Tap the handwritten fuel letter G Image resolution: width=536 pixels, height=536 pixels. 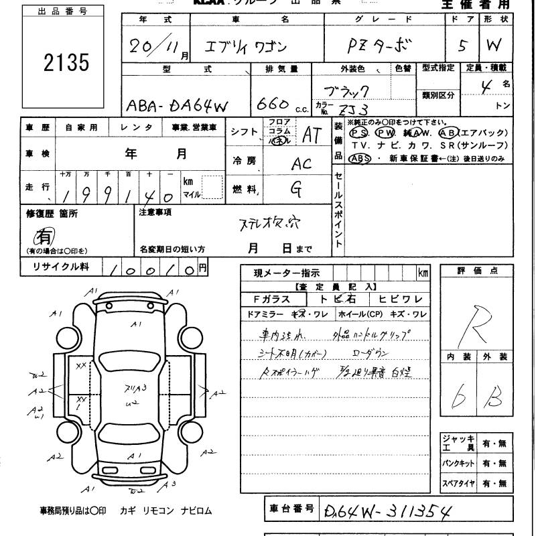pyautogui.click(x=295, y=190)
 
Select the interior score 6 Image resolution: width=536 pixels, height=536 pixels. pyautogui.click(x=460, y=397)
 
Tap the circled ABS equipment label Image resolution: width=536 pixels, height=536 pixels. pyautogui.click(x=360, y=158)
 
